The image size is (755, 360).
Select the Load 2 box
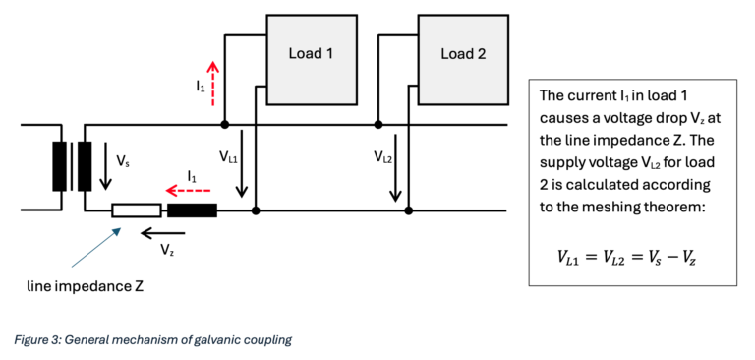[463, 59]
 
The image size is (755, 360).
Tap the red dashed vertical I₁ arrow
[212, 84]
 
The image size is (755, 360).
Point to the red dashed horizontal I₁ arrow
[189, 192]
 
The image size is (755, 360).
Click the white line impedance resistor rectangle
[137, 210]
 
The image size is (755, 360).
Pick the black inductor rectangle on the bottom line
[192, 210]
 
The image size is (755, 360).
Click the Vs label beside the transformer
[123, 162]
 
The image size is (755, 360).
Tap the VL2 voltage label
[384, 156]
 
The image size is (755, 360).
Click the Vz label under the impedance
[166, 250]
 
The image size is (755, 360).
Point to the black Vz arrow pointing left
[162, 234]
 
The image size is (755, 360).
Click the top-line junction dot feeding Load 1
[224, 125]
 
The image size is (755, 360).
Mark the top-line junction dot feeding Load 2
[378, 125]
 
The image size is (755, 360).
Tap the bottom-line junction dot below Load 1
[257, 210]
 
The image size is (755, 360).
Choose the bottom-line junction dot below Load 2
[408, 210]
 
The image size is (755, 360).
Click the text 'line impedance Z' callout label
[86, 287]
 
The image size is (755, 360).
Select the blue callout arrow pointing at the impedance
[94, 247]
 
